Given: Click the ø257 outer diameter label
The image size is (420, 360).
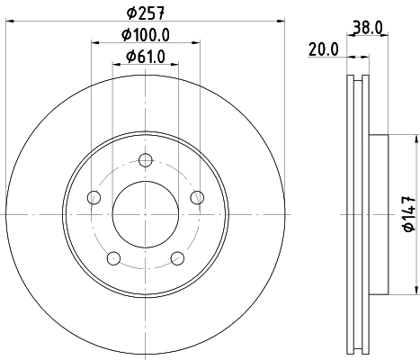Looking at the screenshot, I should coord(144,14).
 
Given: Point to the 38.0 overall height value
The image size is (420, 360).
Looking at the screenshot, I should coord(371,28).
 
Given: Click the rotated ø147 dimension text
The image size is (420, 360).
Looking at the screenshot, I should coord(407,214).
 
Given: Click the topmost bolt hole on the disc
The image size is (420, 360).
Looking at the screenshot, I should coord(144,160).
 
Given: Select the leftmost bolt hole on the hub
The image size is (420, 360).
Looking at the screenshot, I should coord(92,198).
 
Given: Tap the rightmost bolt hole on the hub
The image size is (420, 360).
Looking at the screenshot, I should coord(197,198).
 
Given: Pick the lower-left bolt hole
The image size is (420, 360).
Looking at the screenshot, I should coord(112,259).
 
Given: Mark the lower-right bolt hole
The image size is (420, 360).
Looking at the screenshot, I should coord(176,259).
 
